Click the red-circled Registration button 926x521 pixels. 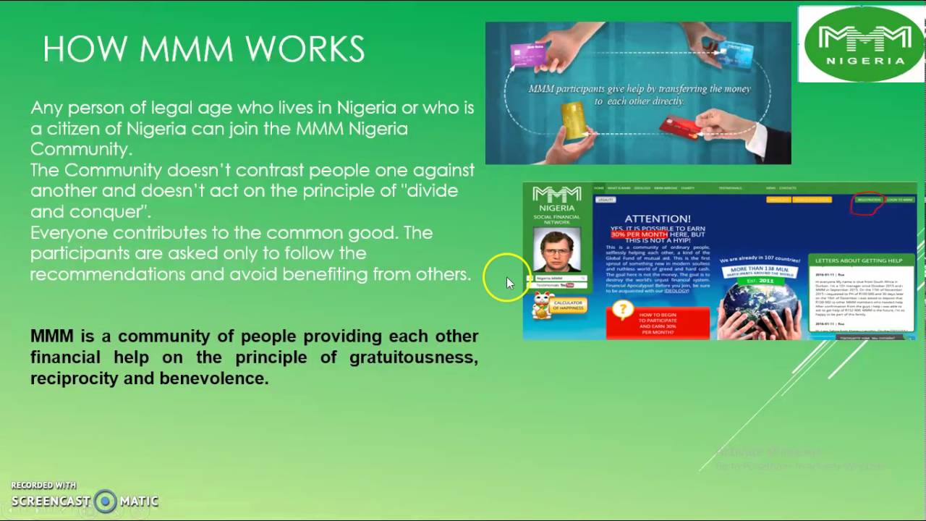point(868,200)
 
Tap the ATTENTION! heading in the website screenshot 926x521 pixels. point(657,219)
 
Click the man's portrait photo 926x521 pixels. point(556,250)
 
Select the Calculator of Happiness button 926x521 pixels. point(568,306)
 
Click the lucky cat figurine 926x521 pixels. point(540,305)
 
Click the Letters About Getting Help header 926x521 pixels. point(859,260)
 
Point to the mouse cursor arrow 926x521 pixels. point(509,282)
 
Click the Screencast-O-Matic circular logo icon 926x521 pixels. point(106,501)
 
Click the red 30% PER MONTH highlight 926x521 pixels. point(639,234)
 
